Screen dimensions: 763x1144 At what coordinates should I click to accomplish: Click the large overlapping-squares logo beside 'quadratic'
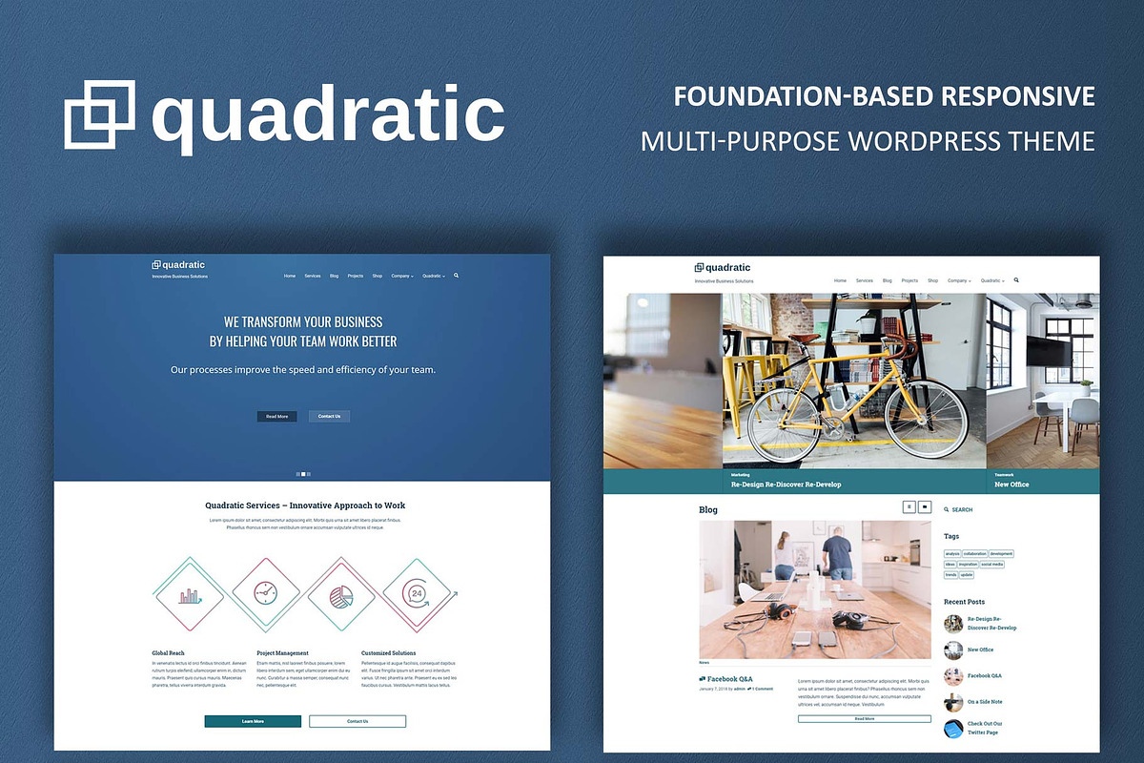click(99, 114)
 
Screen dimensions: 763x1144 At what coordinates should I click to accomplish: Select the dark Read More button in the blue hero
click(277, 417)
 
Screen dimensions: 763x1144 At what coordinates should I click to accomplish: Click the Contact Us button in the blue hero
click(329, 417)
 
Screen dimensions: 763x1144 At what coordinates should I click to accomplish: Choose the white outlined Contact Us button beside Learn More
click(357, 721)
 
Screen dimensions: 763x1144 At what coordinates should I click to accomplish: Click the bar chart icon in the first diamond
click(191, 595)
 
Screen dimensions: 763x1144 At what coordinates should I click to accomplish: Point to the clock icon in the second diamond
click(265, 593)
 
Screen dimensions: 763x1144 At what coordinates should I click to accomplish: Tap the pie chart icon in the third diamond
click(341, 595)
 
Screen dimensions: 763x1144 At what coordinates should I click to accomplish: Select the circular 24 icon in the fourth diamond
click(417, 593)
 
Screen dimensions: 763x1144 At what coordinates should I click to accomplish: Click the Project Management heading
click(282, 653)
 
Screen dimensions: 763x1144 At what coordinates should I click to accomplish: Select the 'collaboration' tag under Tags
click(974, 554)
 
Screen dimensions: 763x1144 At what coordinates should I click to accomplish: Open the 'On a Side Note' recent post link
click(985, 702)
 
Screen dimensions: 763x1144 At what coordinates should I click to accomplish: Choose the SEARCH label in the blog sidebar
click(962, 510)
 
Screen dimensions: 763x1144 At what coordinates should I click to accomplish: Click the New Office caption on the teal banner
click(1011, 485)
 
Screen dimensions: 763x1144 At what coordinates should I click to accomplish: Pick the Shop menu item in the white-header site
click(932, 281)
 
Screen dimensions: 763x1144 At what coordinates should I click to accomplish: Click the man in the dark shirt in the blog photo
click(838, 558)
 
